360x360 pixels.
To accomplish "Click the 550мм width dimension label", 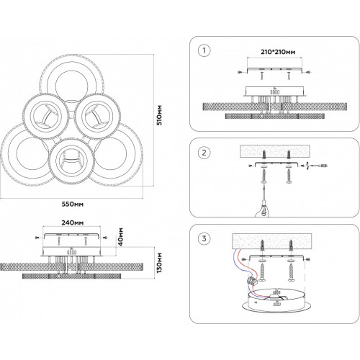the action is click(x=73, y=204).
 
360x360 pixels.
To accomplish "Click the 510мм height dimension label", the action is click(x=160, y=115).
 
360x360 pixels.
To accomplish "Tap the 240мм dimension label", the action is click(x=73, y=222).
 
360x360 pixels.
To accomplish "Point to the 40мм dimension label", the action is click(x=121, y=237).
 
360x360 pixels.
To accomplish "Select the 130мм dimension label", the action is click(x=159, y=263).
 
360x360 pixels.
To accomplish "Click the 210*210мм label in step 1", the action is click(x=278, y=52).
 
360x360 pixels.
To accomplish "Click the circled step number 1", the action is click(x=204, y=50).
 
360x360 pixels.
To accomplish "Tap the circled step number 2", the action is click(x=204, y=153).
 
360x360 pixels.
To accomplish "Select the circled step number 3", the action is click(x=204, y=238).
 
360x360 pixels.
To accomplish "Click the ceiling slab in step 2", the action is click(x=275, y=151).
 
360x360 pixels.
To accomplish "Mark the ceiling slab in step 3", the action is click(x=272, y=241).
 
